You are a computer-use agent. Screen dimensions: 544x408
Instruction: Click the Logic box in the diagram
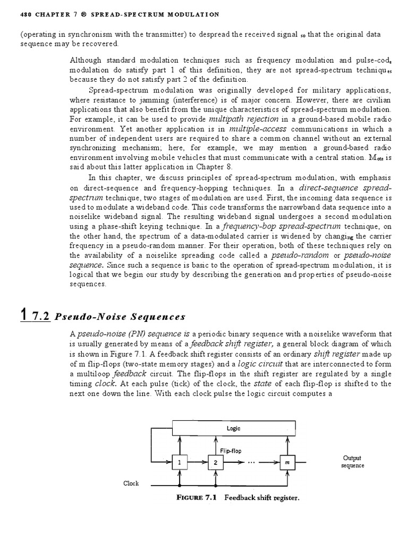click(x=233, y=427)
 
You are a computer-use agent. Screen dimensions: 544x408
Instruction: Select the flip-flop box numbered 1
click(x=180, y=462)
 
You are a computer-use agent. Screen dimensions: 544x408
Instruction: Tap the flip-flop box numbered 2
click(x=216, y=462)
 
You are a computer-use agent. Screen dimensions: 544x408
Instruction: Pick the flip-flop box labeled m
click(x=287, y=462)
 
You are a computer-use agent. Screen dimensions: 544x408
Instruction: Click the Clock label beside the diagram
click(x=131, y=483)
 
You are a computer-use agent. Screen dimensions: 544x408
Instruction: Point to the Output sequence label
click(x=352, y=461)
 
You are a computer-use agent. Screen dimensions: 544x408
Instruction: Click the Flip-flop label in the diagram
click(x=231, y=450)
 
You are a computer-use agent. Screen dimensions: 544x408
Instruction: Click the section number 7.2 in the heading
click(x=41, y=317)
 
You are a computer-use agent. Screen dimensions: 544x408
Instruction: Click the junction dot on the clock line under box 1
click(x=180, y=484)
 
